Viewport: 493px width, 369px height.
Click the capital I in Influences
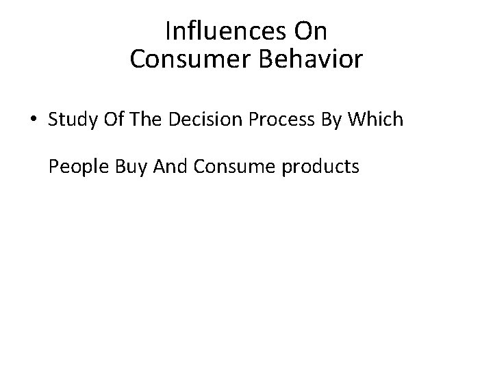168,31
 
